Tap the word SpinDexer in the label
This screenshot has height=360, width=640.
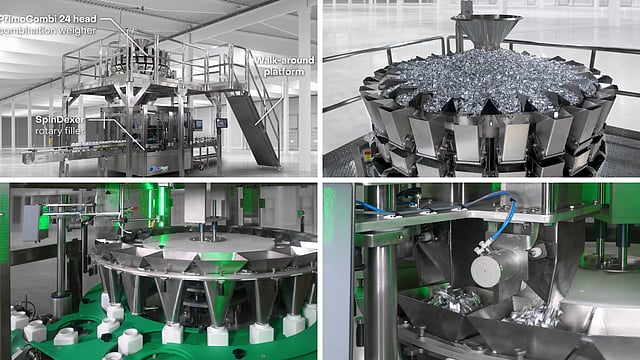point(60,120)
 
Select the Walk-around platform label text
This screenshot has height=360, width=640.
point(284,66)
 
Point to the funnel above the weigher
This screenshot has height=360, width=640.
point(487,29)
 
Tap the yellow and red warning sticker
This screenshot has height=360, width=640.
point(367,155)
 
